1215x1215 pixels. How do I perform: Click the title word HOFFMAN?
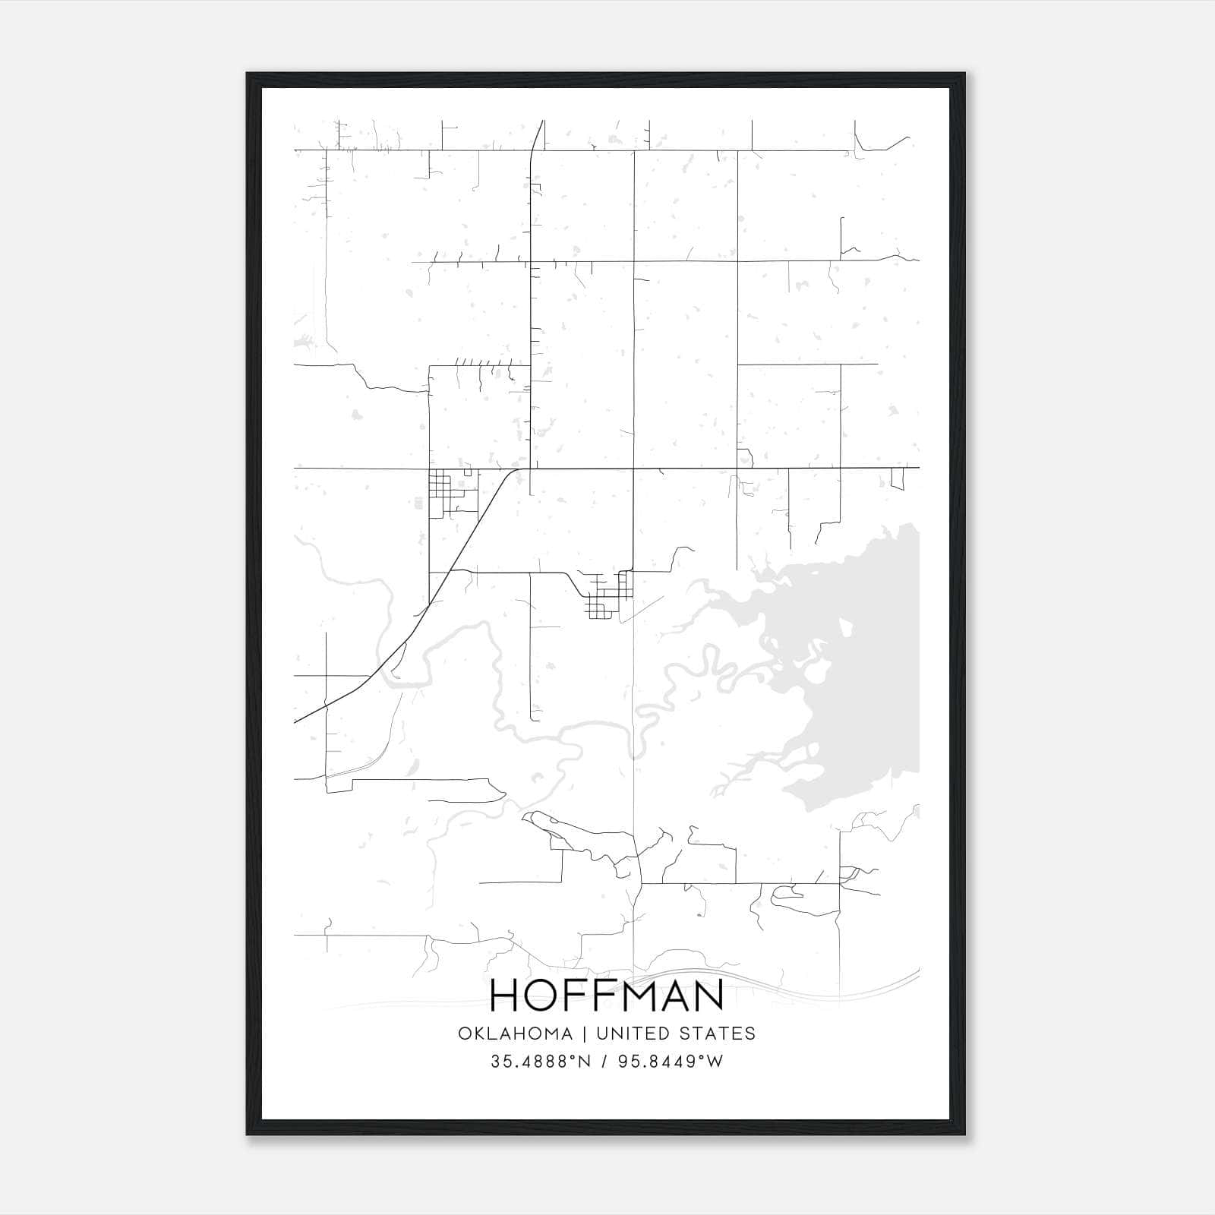607,995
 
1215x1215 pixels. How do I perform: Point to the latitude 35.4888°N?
541,1062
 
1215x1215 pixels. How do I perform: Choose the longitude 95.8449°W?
671,1062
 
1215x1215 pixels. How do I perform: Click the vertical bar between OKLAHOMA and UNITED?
585,1033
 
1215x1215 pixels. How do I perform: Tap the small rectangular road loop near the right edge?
898,478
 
